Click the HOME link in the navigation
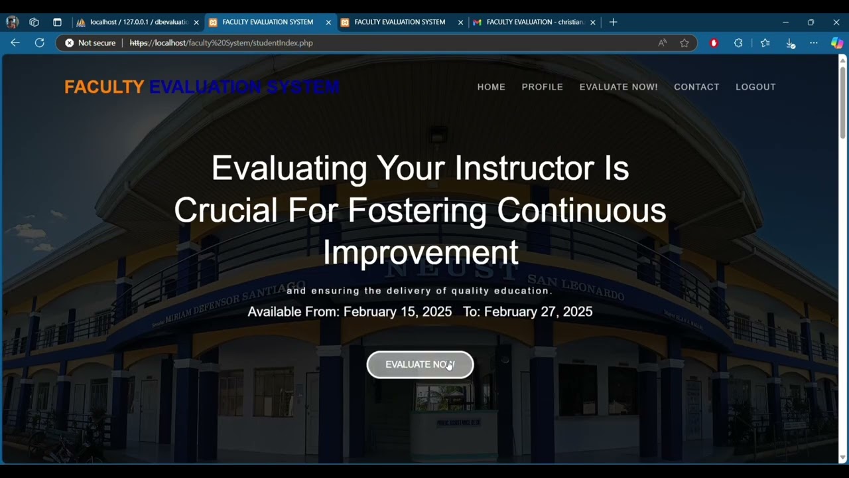pos(491,87)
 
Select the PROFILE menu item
pos(542,87)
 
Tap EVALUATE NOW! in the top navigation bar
pos(618,87)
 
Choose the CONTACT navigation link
pos(696,87)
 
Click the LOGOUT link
pos(755,87)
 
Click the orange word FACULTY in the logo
pos(104,87)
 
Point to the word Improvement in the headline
pos(421,253)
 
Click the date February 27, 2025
pos(538,311)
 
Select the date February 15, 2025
pos(397,311)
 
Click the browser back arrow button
pos(15,42)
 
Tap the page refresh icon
pos(40,42)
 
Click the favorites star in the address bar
pos(685,42)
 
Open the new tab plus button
pos(613,22)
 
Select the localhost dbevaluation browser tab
pos(138,22)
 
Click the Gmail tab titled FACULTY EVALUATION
pos(534,22)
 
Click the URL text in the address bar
pos(221,42)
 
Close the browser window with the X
pos(836,22)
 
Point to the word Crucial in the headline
pos(226,210)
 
